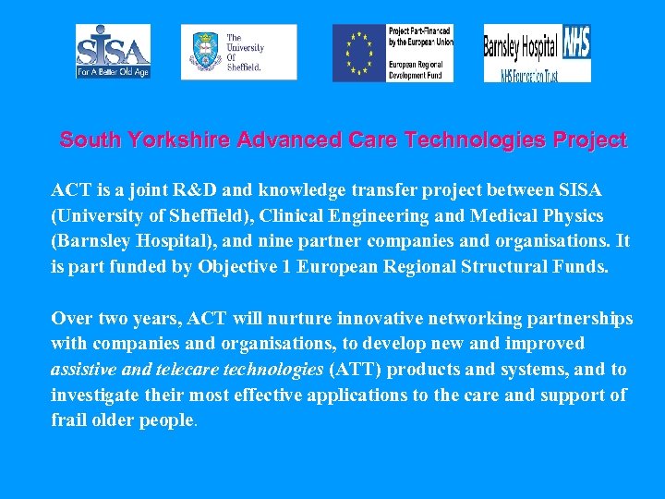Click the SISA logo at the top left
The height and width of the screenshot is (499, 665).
click(x=113, y=52)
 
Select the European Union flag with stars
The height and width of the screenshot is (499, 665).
click(x=359, y=53)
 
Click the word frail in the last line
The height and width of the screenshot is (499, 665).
click(x=69, y=420)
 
